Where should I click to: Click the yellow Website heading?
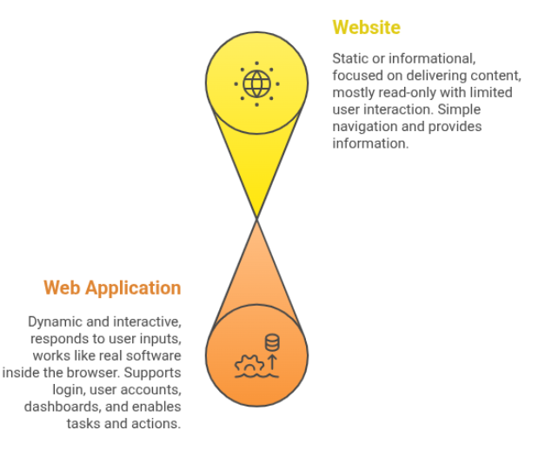pos(366,28)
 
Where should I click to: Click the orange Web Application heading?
pos(112,288)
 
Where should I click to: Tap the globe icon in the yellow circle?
pos(256,84)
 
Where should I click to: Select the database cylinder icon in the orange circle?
pos(272,341)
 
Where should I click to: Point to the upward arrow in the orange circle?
pos(272,361)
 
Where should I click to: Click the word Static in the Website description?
pos(349,58)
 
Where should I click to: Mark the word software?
pos(152,355)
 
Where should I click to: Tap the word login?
pos(83,390)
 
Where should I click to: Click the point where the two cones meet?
pos(256,218)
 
